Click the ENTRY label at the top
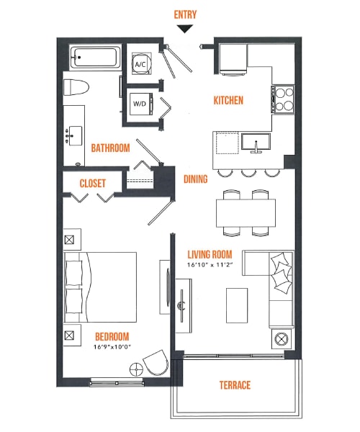point(185,14)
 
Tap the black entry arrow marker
point(185,29)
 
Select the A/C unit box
point(140,64)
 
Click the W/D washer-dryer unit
point(140,103)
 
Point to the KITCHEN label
point(228,100)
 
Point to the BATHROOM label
point(110,148)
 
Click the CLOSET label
point(93,183)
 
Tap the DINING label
point(196,179)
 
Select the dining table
point(246,212)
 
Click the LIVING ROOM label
point(210,254)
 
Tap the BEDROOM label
point(111,336)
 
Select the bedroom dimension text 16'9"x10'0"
point(111,346)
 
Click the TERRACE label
point(235,385)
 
